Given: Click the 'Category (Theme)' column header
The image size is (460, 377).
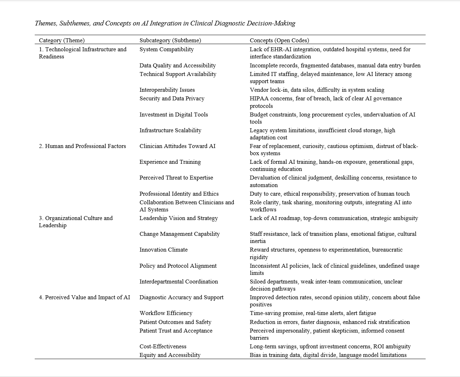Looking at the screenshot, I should (62, 40).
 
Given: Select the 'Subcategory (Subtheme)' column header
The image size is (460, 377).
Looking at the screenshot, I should (170, 40).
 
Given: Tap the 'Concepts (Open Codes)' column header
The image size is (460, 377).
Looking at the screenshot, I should (279, 40).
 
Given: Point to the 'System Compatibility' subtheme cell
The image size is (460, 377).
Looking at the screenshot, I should (166, 49).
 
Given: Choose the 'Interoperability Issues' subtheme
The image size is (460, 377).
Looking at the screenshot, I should (167, 90).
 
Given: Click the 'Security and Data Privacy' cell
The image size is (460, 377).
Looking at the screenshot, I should (172, 99).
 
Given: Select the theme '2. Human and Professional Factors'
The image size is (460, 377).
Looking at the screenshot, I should (82, 146).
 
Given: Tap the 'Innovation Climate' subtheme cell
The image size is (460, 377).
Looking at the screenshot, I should (163, 250).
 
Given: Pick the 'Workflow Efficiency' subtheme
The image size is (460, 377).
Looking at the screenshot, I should (166, 313).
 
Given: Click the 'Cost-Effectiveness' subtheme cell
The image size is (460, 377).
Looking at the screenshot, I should (163, 347).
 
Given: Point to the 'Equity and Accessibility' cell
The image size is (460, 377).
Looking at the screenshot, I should (170, 355).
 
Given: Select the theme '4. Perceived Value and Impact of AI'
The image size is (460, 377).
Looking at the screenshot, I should (84, 297).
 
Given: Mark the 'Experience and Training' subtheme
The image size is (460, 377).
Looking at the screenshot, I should (170, 162).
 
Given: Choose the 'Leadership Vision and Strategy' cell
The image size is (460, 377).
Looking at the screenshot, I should (179, 218).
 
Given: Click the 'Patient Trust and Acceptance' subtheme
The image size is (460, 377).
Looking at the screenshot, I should (176, 331).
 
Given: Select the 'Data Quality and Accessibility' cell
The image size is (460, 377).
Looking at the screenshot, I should (178, 66).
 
